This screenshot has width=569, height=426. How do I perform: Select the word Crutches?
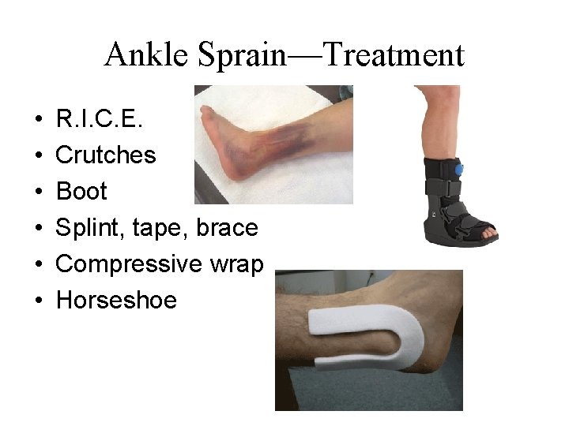[106, 155]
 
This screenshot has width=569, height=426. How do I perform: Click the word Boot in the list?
[81, 192]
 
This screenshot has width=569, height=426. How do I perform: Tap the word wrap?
[235, 264]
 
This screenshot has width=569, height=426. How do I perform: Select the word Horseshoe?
[116, 301]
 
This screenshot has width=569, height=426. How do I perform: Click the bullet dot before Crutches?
[38, 156]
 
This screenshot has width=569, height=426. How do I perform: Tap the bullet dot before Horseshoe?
[38, 301]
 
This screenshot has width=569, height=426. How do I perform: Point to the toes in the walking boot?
[488, 232]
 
